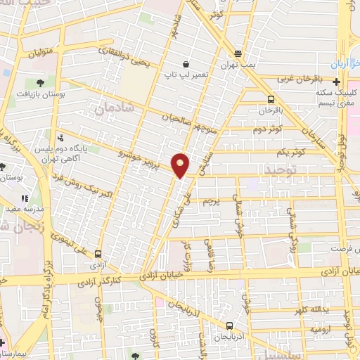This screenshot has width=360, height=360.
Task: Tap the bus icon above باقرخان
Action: coord(271,99)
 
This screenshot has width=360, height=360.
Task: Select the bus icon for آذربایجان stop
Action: coord(230,325)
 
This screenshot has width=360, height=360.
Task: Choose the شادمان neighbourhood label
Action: coord(108,109)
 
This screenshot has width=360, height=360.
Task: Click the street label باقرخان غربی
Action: coord(302,79)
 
